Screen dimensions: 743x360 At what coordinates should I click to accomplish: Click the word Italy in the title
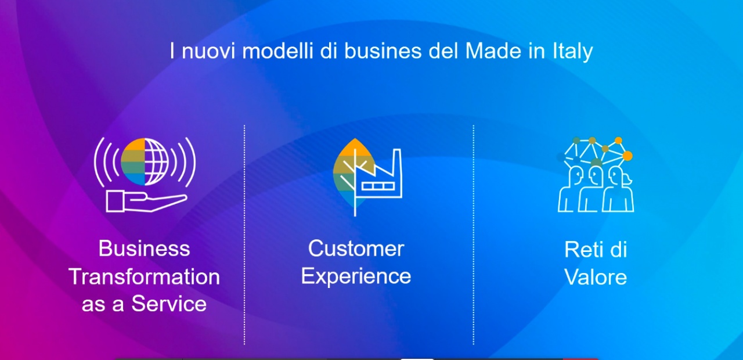pyautogui.click(x=572, y=52)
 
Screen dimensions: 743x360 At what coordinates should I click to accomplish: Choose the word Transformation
pyautogui.click(x=145, y=277)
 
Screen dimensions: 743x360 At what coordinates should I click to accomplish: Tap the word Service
pyautogui.click(x=169, y=304)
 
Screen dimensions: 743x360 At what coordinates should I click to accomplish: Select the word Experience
pyautogui.click(x=356, y=276)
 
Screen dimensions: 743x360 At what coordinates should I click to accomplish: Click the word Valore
pyautogui.click(x=596, y=277)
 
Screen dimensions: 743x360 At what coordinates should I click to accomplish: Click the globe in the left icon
pyautogui.click(x=145, y=161)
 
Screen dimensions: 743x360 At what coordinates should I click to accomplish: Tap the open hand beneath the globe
pyautogui.click(x=146, y=201)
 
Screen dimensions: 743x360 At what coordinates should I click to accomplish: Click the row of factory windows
pyautogui.click(x=378, y=186)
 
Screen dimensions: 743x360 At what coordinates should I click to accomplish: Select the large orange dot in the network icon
pyautogui.click(x=627, y=156)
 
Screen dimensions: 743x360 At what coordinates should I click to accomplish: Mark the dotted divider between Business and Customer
pyautogui.click(x=244, y=235)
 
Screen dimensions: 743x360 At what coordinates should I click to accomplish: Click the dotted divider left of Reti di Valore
pyautogui.click(x=473, y=235)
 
